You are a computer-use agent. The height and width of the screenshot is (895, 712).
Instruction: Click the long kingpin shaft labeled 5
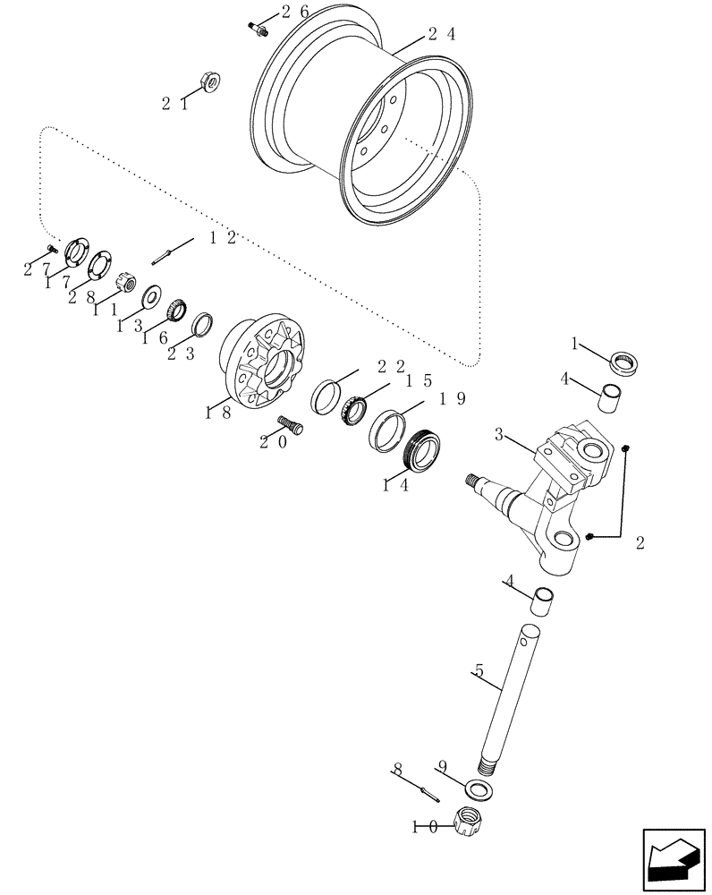(x=508, y=699)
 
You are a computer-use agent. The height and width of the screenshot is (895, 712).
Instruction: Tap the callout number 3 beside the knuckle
(x=502, y=434)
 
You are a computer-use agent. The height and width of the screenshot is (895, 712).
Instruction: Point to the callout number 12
(x=223, y=237)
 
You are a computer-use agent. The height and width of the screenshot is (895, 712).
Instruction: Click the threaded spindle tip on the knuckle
(x=473, y=481)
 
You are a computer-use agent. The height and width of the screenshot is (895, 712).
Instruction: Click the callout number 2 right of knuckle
(x=640, y=542)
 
